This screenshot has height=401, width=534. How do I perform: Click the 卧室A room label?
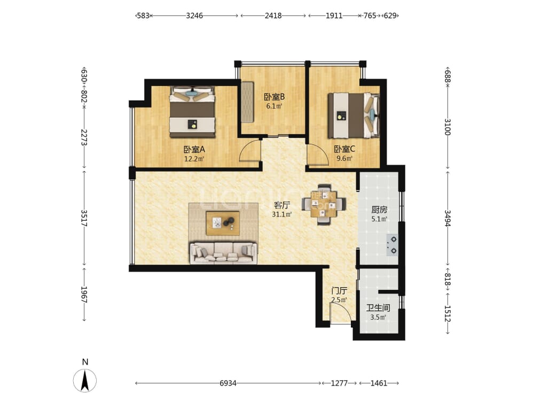click(x=194, y=149)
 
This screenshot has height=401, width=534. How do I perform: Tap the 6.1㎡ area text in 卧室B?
click(x=274, y=106)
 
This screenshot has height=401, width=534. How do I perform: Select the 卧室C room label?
click(x=344, y=149)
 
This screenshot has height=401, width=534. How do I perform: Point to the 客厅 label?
click(x=282, y=205)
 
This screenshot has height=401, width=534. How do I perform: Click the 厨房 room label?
click(x=379, y=210)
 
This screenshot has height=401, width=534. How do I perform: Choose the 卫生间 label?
click(x=378, y=308)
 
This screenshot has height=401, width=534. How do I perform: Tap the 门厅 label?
click(x=339, y=291)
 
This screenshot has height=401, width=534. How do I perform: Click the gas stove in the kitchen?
click(x=392, y=245)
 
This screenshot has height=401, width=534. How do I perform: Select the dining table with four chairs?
click(x=324, y=204)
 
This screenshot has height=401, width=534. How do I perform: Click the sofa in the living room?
click(x=223, y=253)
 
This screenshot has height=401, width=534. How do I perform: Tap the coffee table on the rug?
click(x=223, y=223)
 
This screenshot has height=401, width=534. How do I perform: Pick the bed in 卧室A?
click(x=193, y=112)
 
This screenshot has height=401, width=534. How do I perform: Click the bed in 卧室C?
click(x=354, y=115)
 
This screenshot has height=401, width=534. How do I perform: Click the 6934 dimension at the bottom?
click(x=228, y=383)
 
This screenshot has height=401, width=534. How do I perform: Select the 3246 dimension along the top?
click(x=194, y=16)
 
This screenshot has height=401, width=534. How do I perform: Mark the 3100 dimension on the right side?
click(x=448, y=127)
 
